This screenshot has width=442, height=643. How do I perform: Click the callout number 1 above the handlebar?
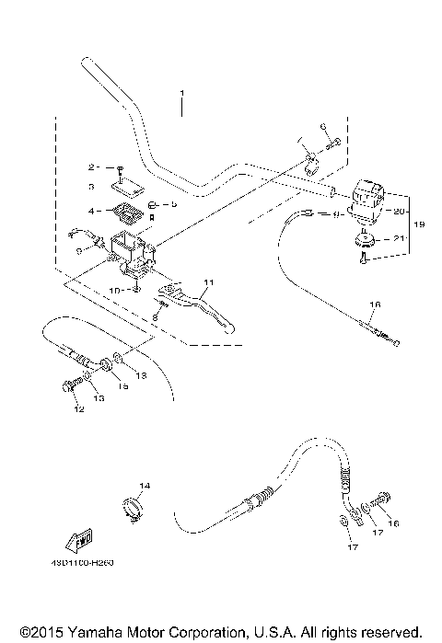click(182, 94)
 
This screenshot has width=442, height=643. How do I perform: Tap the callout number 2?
click(90, 167)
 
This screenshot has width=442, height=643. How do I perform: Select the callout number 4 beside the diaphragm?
click(90, 211)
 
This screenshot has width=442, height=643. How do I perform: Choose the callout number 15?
click(124, 387)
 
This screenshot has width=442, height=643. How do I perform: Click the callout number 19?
click(419, 224)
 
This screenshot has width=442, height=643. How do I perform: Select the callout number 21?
click(398, 238)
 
